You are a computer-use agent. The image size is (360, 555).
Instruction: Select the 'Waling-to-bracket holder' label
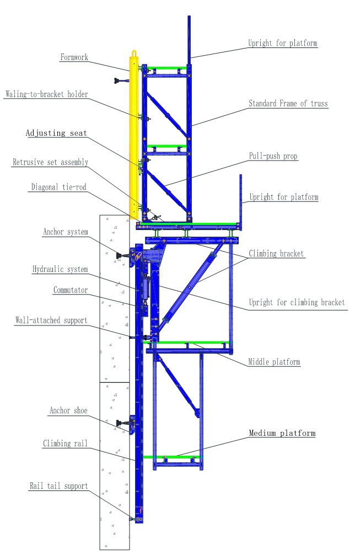coord(46,94)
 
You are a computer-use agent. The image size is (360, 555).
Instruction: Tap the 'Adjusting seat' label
coord(56,133)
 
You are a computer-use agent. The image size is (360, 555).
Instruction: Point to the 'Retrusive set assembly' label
coord(50,162)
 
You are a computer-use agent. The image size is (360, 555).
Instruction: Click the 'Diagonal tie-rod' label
coord(60,187)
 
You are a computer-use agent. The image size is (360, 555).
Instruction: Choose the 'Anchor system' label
coord(65,232)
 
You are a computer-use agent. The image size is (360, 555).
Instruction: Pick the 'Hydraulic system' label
coord(60,269)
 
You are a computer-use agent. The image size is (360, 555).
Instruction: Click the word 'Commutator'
coord(70,290)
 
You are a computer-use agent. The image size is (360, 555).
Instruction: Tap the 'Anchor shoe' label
coord(67,410)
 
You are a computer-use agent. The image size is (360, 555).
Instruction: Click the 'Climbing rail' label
coord(65,443)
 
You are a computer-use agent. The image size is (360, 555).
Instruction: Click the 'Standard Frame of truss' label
coord(288,103)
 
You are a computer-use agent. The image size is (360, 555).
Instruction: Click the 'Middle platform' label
coord(273,362)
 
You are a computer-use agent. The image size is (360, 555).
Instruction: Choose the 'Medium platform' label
coord(282,433)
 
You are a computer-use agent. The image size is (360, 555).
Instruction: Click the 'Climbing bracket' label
coord(276,254)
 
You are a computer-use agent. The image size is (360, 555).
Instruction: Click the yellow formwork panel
coord(133,138)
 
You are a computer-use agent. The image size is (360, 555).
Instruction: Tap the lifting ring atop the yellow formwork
coord(133,54)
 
